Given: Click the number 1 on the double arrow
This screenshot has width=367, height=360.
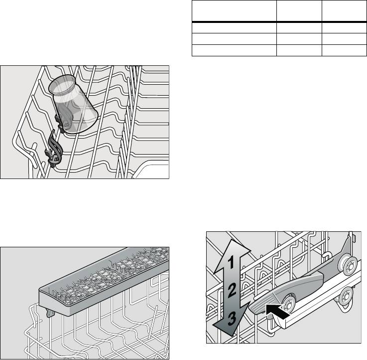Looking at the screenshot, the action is tap(231, 262).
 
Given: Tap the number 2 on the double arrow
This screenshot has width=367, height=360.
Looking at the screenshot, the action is tap(232, 290).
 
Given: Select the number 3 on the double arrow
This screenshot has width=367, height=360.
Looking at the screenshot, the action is tap(232, 319).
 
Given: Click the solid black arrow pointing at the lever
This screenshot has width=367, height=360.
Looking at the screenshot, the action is tap(278, 311).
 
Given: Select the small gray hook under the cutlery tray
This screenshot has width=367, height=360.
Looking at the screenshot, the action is tap(50, 312).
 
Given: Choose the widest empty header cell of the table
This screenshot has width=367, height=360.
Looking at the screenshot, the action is tap(234, 11).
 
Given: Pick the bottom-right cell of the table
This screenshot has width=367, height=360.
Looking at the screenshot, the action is tap(344, 50).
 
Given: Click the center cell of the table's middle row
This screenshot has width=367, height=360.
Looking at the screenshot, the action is tap(299, 39).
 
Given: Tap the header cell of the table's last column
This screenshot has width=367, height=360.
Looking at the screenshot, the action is tap(344, 11).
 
